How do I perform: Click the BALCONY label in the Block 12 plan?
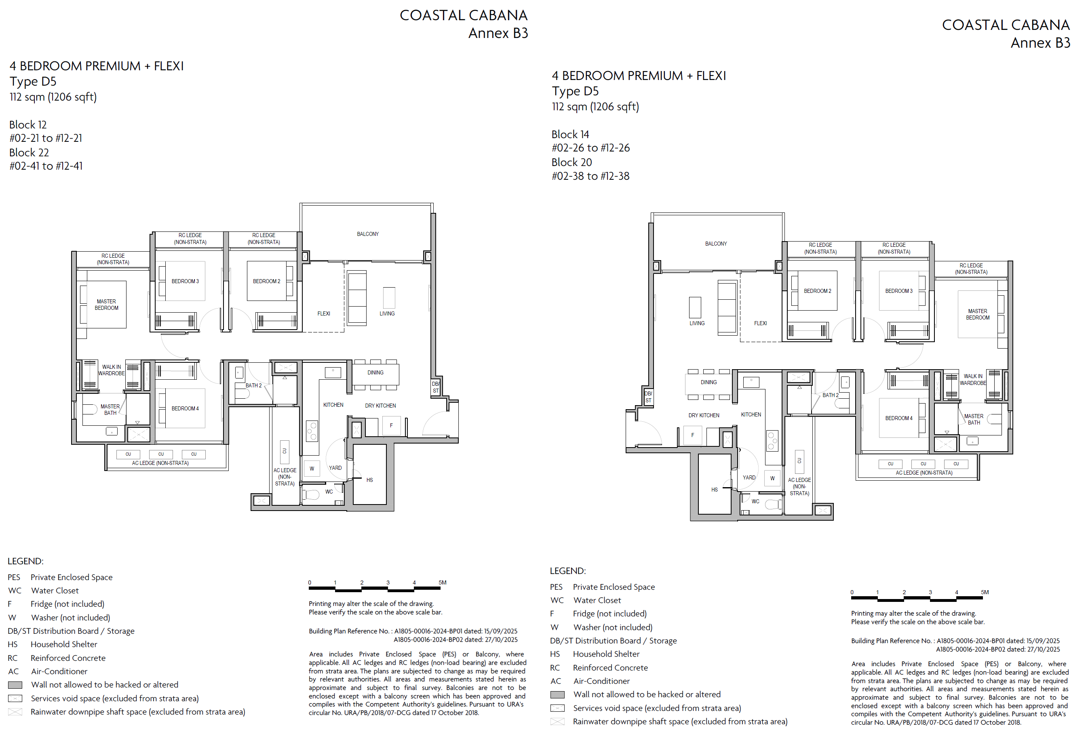point(367,234)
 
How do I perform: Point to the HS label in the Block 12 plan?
point(369,480)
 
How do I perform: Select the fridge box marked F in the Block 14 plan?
point(693,435)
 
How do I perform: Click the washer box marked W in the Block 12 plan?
point(312,469)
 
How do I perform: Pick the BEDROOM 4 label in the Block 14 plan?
point(898,418)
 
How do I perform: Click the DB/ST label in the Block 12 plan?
point(436,387)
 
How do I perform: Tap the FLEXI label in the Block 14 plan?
point(760,324)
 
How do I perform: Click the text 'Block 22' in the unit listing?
point(29,153)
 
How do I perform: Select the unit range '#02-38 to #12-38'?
point(590,176)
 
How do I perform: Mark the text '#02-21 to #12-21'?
point(46,138)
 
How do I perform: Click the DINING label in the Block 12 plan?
point(375,373)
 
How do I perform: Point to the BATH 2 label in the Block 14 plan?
point(831,395)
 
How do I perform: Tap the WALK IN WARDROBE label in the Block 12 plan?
point(112,370)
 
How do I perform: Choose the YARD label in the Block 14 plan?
point(749,478)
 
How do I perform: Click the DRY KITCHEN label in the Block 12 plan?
point(380,406)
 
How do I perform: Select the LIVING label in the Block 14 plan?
point(697,324)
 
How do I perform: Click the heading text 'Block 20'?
point(571,162)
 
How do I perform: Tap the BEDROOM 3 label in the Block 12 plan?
point(185,281)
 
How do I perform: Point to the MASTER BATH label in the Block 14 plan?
point(974,419)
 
